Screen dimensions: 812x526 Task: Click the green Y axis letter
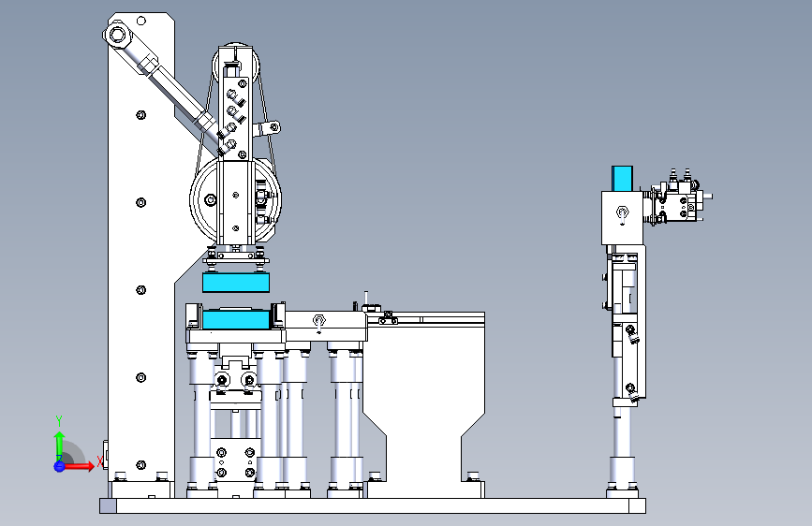coord(59,421)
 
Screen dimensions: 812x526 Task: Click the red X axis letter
coord(100,461)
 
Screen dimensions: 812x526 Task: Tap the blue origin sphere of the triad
coord(59,466)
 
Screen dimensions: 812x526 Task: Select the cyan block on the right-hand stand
coord(622,179)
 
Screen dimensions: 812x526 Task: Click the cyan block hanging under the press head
coord(236,283)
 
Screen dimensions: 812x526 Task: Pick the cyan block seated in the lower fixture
coord(236,319)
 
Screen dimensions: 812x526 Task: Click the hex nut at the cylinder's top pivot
coord(117,36)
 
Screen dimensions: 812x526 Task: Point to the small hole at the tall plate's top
coord(141,21)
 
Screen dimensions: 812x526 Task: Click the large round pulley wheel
coord(236,199)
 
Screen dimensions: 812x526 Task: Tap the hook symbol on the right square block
coord(622,213)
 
